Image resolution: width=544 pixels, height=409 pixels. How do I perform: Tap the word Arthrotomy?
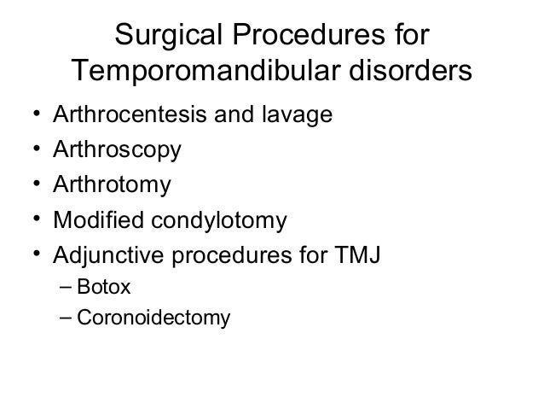[x=112, y=185]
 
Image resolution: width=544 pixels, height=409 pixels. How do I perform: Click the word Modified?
[x=94, y=221]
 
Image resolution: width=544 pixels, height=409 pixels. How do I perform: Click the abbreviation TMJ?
[x=361, y=256]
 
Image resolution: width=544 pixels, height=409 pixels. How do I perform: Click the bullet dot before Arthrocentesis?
[x=30, y=114]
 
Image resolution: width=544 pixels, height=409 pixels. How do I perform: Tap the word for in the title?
[x=409, y=37]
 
